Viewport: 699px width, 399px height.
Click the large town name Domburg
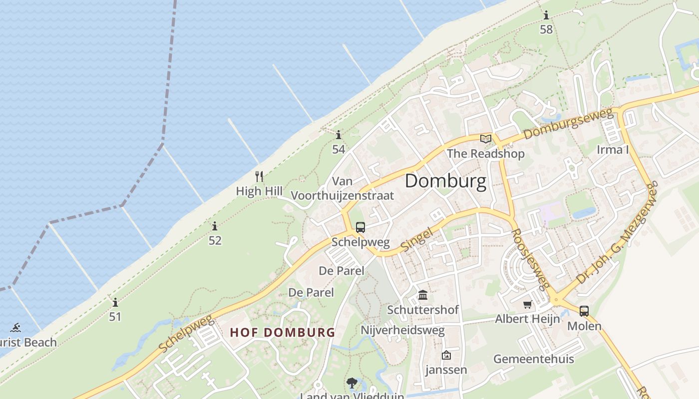pyautogui.click(x=445, y=181)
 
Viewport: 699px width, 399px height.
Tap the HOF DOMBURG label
pyautogui.click(x=282, y=332)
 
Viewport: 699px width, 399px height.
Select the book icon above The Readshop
pyautogui.click(x=486, y=139)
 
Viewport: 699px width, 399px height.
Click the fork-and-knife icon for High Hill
pyautogui.click(x=259, y=177)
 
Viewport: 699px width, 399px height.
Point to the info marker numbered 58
pyautogui.click(x=546, y=15)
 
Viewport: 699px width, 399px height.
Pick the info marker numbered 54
pyautogui.click(x=339, y=135)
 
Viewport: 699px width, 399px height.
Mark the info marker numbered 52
pyautogui.click(x=215, y=226)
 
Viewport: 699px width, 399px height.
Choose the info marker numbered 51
pyautogui.click(x=115, y=302)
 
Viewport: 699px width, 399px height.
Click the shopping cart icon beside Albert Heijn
pyautogui.click(x=527, y=304)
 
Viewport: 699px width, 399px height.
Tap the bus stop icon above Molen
pyautogui.click(x=584, y=311)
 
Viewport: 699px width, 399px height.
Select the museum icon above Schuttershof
pyautogui.click(x=423, y=295)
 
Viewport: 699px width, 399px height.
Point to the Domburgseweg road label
pyautogui.click(x=568, y=123)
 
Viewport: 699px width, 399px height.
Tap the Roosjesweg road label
pyautogui.click(x=531, y=259)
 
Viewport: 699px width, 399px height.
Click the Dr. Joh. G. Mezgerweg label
pyautogui.click(x=618, y=233)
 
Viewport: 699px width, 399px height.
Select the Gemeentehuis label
pyautogui.click(x=533, y=359)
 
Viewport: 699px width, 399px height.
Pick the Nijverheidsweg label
pyautogui.click(x=402, y=331)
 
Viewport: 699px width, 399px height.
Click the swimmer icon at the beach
pyautogui.click(x=15, y=328)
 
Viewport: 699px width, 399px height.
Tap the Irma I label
pyautogui.click(x=613, y=150)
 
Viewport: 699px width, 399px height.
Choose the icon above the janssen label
pyautogui.click(x=446, y=355)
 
